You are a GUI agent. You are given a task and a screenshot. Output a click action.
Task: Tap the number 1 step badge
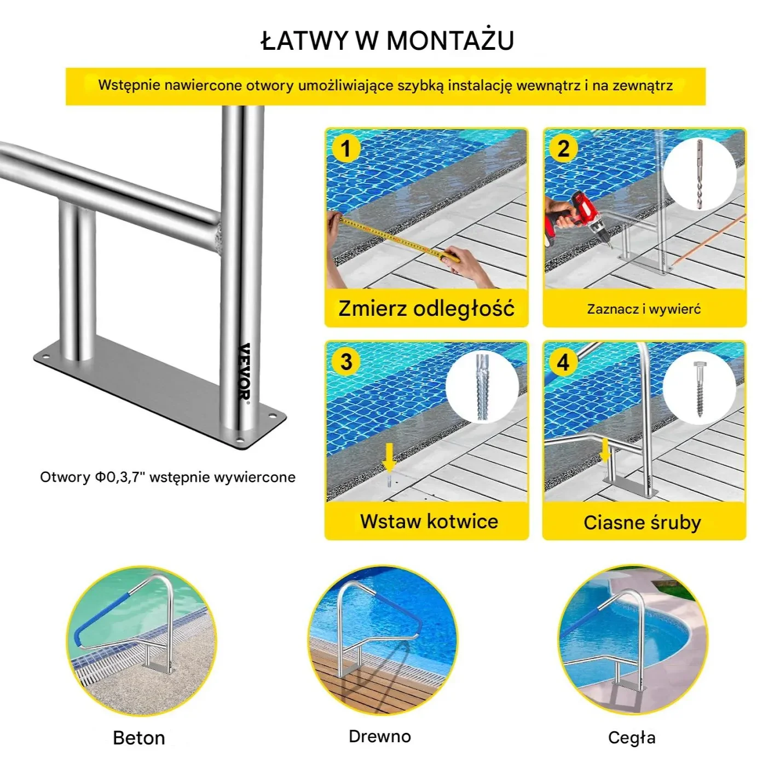point(346,148)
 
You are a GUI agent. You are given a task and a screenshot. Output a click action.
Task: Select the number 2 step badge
point(563,148)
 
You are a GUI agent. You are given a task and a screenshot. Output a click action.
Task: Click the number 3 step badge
point(346,362)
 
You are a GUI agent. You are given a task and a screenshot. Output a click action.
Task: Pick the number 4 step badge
point(563,362)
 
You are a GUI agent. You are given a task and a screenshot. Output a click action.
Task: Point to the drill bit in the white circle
point(700,174)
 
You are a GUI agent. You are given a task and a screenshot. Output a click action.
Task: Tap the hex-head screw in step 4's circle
point(700,389)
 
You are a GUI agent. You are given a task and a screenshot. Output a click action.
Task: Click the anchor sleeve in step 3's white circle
point(482,387)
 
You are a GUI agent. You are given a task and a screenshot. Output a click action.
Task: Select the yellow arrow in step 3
point(389,457)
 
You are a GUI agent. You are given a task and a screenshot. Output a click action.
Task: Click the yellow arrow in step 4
point(605,450)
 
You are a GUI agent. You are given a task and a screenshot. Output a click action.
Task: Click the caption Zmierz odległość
point(426,309)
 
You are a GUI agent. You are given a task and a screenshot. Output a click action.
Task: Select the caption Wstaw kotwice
point(429,521)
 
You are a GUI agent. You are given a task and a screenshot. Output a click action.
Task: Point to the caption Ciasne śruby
point(642,523)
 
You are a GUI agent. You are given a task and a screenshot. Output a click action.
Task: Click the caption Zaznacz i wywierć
point(644,309)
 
